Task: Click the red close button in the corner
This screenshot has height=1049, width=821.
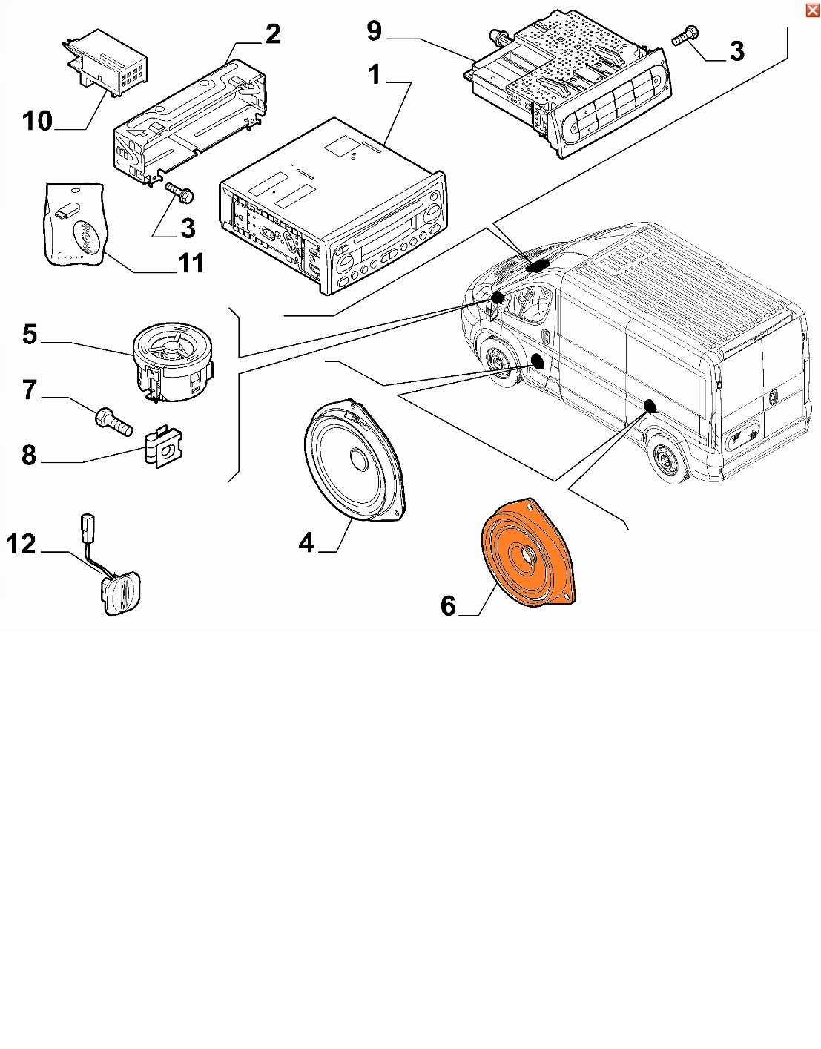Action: [x=812, y=10]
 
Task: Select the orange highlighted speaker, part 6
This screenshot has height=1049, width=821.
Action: [x=527, y=553]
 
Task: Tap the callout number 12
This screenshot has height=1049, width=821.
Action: [x=21, y=545]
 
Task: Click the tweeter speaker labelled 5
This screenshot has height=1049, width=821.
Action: [x=173, y=361]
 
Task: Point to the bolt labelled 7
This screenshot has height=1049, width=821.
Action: [x=113, y=421]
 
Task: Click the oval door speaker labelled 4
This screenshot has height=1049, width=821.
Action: [x=355, y=464]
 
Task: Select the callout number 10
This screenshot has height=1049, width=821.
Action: [x=37, y=121]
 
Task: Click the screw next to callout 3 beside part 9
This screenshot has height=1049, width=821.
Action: [x=685, y=36]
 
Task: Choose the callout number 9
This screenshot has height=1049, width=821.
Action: [x=375, y=31]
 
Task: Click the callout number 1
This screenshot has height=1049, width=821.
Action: [x=374, y=74]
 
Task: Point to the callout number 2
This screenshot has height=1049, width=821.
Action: [x=273, y=33]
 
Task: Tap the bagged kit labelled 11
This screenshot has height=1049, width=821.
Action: [x=75, y=225]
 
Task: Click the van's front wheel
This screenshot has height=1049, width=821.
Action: [x=498, y=364]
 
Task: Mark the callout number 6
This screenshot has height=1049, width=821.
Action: [x=448, y=606]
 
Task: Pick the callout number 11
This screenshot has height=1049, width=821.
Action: [x=191, y=263]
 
